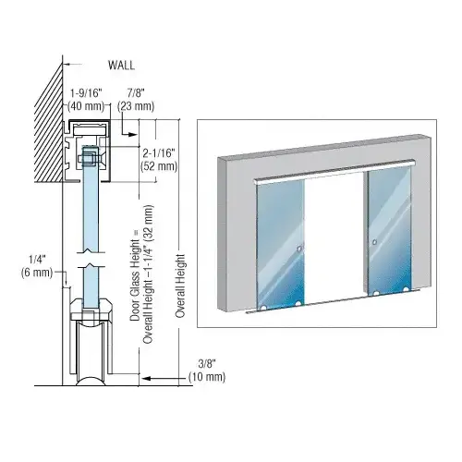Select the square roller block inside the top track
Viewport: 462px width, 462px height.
coord(89,157)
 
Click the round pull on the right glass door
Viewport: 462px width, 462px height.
coord(374,244)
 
